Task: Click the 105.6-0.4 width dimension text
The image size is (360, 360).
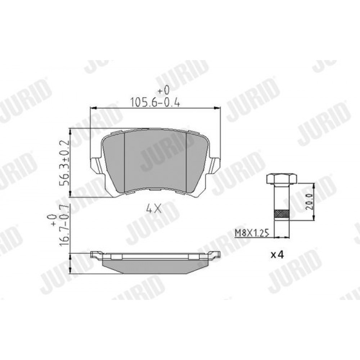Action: (x=155, y=102)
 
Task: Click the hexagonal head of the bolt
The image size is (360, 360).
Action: (x=281, y=179)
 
